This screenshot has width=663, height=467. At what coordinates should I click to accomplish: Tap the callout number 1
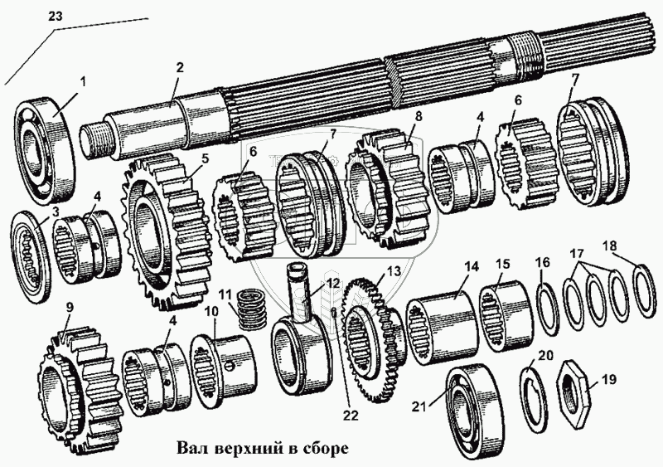point(82,81)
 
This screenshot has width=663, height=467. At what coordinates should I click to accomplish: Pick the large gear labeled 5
point(166,220)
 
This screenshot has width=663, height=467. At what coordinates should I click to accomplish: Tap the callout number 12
point(331,283)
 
